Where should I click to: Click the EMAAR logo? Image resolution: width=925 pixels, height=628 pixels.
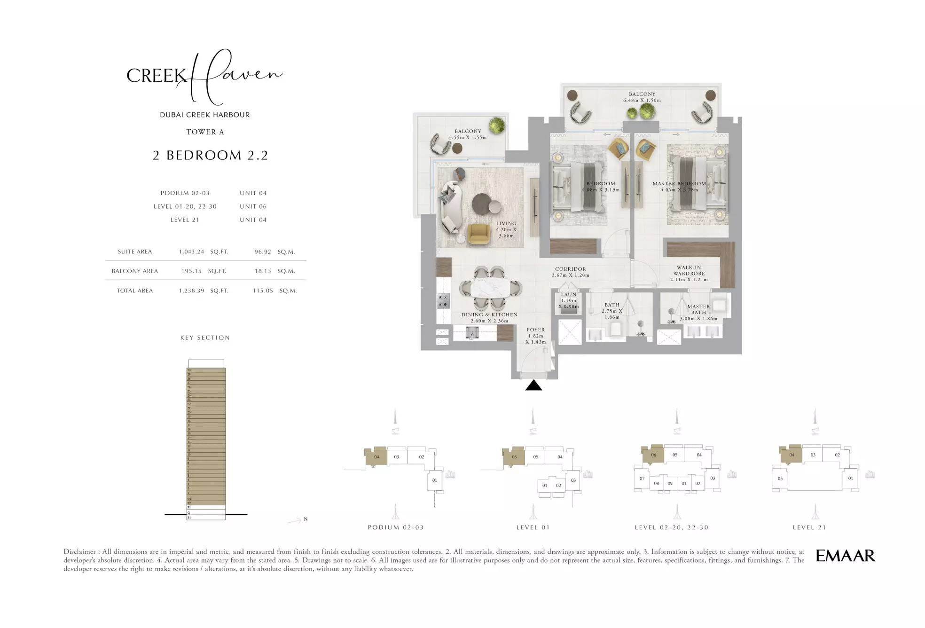[845, 556]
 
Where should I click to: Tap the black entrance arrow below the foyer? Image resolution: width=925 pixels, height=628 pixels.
[533, 386]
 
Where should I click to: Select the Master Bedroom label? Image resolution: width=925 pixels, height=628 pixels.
[679, 184]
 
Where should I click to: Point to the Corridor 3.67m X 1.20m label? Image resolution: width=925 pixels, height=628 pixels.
[570, 272]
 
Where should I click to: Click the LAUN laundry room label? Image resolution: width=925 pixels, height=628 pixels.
[568, 295]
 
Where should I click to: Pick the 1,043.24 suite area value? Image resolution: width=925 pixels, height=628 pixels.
[191, 252]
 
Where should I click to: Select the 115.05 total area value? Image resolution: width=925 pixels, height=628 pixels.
[262, 291]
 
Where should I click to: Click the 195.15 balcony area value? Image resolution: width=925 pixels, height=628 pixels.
[191, 271]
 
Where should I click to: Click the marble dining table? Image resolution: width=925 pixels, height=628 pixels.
[490, 288]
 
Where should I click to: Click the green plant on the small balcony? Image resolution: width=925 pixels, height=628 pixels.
[496, 126]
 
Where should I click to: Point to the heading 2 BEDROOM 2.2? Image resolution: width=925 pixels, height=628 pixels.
[210, 155]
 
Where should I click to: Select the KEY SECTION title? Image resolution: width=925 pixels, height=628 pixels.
[205, 338]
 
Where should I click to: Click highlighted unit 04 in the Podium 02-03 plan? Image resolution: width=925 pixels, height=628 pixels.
[376, 457]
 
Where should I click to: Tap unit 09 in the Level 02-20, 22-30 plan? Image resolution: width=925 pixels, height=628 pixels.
[670, 483]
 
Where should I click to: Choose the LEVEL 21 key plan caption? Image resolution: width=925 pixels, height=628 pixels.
[809, 527]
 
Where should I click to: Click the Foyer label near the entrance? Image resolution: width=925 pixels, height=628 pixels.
[535, 330]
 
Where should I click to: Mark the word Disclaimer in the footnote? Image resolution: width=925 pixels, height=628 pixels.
[79, 552]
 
